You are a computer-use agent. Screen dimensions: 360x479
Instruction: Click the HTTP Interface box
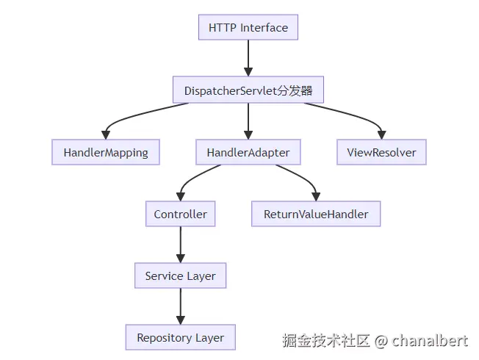pyautogui.click(x=248, y=28)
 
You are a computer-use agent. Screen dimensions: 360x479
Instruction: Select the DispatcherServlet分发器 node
pyautogui.click(x=248, y=90)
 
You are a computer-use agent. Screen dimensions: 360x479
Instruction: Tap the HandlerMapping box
pyautogui.click(x=106, y=153)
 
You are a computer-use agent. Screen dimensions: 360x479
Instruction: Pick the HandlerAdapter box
pyautogui.click(x=248, y=153)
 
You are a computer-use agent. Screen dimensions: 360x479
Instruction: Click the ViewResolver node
pyautogui.click(x=381, y=153)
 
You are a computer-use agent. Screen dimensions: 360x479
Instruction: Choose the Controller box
pyautogui.click(x=180, y=215)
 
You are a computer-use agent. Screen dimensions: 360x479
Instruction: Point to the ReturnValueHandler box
pyautogui.click(x=316, y=215)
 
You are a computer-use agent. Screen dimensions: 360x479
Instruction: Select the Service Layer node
pyautogui.click(x=180, y=276)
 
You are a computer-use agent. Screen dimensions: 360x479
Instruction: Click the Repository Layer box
pyautogui.click(x=180, y=338)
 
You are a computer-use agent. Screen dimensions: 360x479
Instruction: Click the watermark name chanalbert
pyautogui.click(x=430, y=340)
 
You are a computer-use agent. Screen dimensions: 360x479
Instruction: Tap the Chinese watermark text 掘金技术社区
pyautogui.click(x=326, y=340)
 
